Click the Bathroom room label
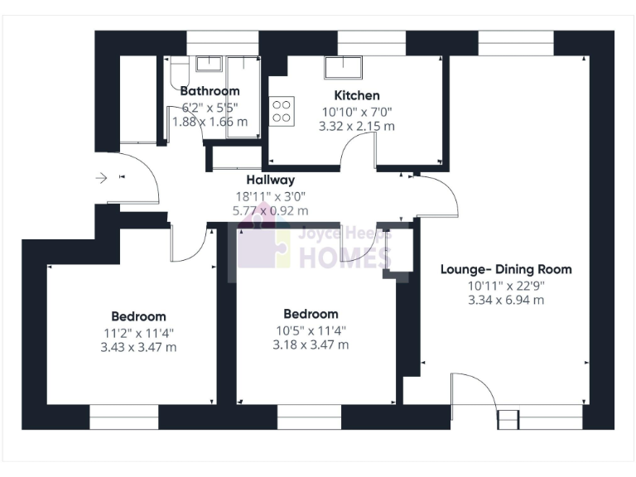coord(210,91)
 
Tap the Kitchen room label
coord(357,95)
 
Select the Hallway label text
coord(270,180)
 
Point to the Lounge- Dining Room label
coord(505,269)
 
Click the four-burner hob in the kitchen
coord(282,110)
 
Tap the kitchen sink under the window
coord(342,66)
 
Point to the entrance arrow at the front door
coord(103,177)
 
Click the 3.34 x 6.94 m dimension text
coord(505,300)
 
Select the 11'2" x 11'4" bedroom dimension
coord(138,332)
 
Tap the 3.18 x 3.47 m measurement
coord(311,344)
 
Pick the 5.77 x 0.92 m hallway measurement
coord(270,211)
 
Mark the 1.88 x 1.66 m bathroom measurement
coord(210,122)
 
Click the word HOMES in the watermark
coord(344,258)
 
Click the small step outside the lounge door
coord(506,419)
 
